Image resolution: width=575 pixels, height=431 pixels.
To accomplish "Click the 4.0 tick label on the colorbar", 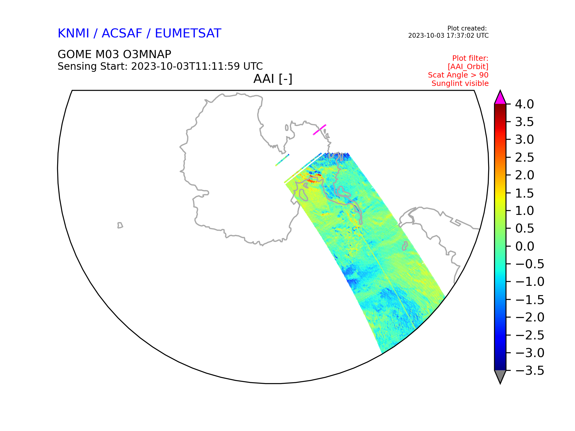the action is pyautogui.click(x=524, y=104).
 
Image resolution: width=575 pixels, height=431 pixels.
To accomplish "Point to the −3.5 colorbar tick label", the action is pyautogui.click(x=530, y=371).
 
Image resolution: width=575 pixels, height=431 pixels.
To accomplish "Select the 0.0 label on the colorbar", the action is pyautogui.click(x=525, y=246).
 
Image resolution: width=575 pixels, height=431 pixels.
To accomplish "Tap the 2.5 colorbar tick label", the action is pyautogui.click(x=525, y=157).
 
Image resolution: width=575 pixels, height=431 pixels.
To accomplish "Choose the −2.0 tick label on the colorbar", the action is pyautogui.click(x=530, y=317).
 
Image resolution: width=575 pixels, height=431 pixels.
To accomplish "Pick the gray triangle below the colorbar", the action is pyautogui.click(x=500, y=377).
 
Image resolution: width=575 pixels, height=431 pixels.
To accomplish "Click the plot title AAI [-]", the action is pyautogui.click(x=273, y=79).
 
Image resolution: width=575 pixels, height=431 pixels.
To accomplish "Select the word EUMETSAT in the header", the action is pyautogui.click(x=188, y=33).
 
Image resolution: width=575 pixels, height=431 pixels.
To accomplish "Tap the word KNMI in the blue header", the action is pyautogui.click(x=73, y=33).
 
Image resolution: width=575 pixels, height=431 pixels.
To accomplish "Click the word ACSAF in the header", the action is pyautogui.click(x=122, y=33).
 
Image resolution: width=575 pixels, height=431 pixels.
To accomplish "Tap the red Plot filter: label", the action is pyautogui.click(x=470, y=58).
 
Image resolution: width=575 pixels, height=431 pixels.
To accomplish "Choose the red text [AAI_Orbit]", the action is pyautogui.click(x=468, y=67).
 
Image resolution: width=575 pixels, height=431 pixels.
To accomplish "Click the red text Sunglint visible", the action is pyautogui.click(x=460, y=84).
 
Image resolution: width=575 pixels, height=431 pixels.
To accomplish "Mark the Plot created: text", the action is pyautogui.click(x=467, y=28).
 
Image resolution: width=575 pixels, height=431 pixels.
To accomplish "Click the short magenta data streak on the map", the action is pyautogui.click(x=320, y=130).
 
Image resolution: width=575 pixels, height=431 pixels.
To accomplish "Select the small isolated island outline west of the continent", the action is pyautogui.click(x=120, y=225).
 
